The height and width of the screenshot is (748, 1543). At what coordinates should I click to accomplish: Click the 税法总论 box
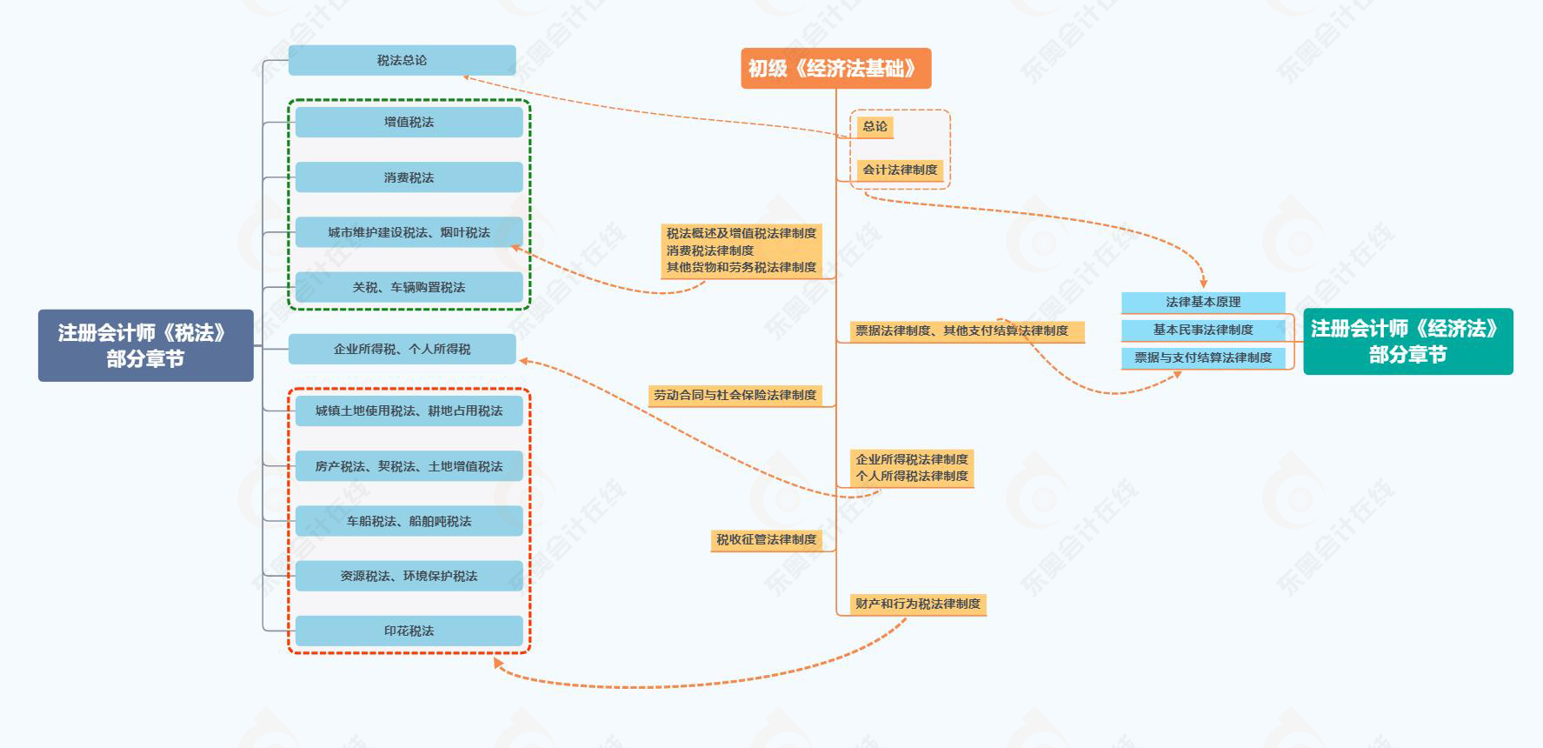[x=402, y=60]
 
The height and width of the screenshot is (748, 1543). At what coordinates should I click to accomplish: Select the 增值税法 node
[x=409, y=122]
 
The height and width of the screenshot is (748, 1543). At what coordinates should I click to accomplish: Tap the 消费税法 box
[x=409, y=177]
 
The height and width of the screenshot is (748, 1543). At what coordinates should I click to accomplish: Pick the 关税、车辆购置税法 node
[x=409, y=287]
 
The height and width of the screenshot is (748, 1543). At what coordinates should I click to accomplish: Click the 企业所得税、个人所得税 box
[x=402, y=349]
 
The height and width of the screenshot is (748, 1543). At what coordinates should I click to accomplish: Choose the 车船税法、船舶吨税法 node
[x=409, y=521]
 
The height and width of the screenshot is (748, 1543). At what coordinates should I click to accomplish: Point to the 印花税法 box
[x=409, y=631]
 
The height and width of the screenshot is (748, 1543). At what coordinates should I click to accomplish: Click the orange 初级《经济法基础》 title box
[x=835, y=69]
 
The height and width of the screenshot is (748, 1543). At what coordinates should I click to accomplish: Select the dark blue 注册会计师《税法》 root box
[x=145, y=345]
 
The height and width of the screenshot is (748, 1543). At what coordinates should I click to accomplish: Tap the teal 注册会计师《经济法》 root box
[x=1407, y=341]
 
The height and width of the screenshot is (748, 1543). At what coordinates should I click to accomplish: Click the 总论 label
[x=875, y=127]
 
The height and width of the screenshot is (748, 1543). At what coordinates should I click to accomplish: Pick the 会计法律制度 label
[x=900, y=170]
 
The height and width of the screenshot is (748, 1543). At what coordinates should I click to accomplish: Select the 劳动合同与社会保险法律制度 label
[x=735, y=396]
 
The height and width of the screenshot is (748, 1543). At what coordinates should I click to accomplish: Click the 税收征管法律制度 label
[x=766, y=540]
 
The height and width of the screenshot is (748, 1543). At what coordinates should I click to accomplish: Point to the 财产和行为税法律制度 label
[x=917, y=604]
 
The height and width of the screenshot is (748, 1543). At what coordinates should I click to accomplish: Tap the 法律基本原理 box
[x=1203, y=302]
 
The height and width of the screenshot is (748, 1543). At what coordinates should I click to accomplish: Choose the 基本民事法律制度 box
[x=1203, y=330]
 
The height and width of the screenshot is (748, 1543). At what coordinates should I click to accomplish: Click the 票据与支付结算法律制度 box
[x=1203, y=357]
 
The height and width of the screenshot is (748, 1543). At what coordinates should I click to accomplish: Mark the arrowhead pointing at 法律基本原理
[x=1204, y=283]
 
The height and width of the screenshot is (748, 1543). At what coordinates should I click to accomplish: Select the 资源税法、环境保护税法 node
[x=409, y=576]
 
